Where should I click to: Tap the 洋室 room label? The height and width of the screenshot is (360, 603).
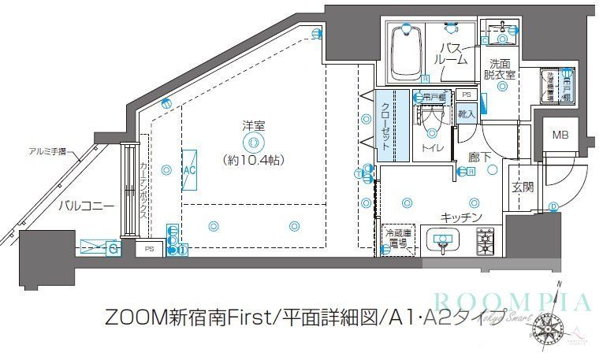coord(253,124)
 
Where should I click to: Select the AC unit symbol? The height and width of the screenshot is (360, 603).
coord(189,170)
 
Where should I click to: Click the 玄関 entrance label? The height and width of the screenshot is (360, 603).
coord(523,187)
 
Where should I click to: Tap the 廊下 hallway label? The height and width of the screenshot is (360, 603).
coord(480,157)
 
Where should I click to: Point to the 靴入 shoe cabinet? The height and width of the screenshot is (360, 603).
coord(467,114)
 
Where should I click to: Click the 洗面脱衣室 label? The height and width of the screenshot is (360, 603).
coord(501,69)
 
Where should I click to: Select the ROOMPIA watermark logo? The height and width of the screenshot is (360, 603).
coord(512,302)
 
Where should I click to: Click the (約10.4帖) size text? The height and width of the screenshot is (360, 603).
coord(253,160)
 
